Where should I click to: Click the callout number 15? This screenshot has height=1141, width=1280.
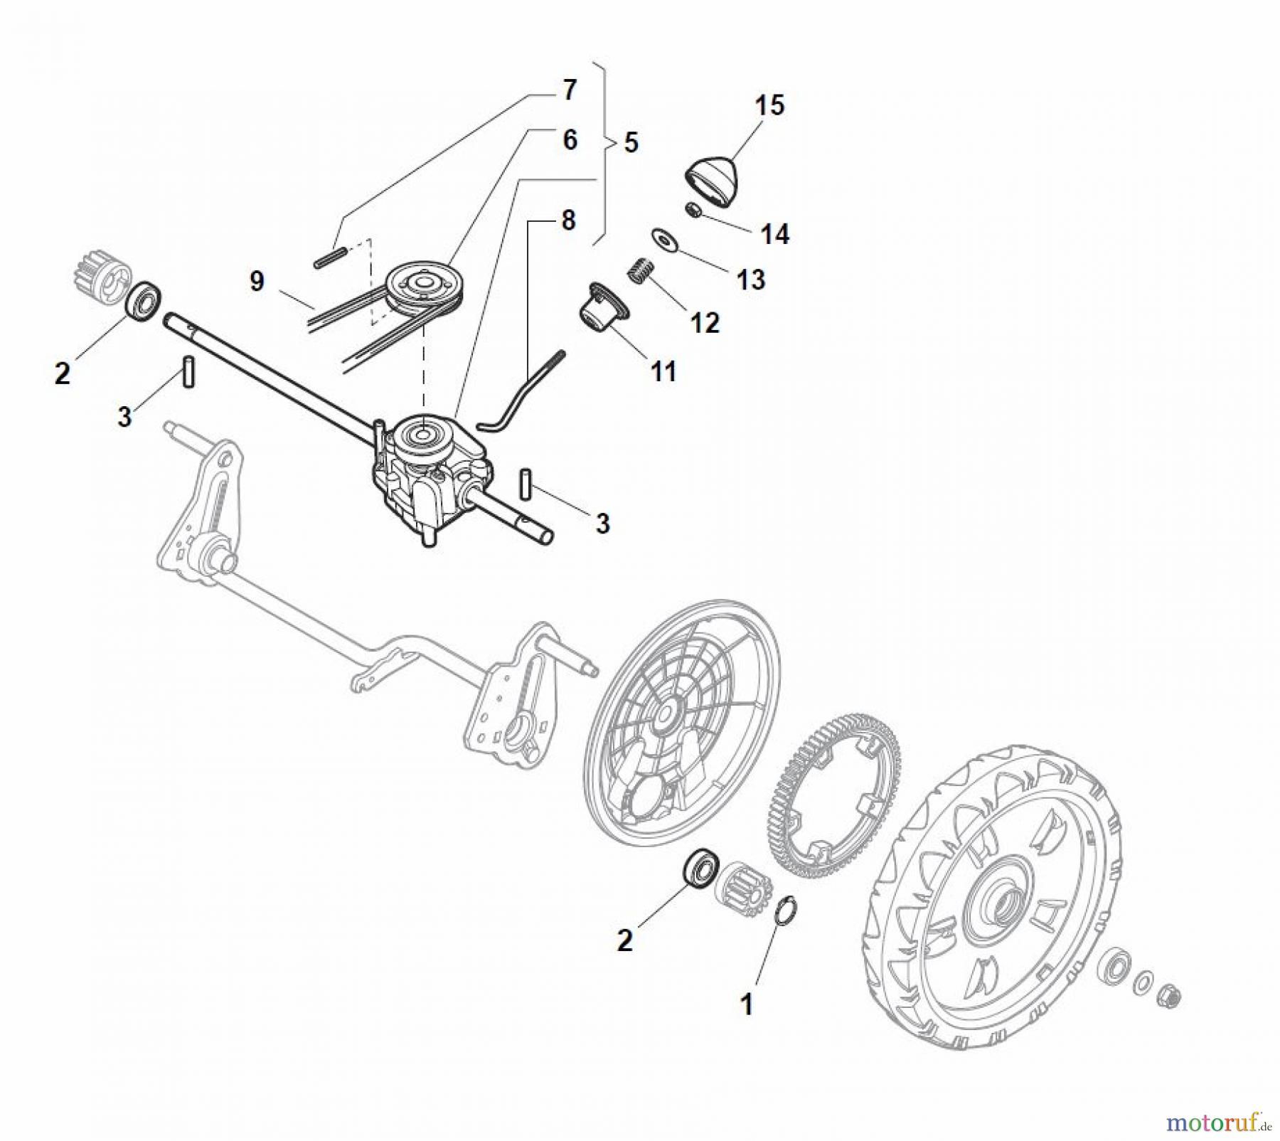click(769, 105)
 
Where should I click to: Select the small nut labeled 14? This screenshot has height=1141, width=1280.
click(694, 211)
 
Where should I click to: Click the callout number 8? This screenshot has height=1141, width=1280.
click(567, 221)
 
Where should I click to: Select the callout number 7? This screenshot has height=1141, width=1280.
click(569, 90)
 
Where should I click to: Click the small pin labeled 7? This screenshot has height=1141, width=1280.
click(329, 258)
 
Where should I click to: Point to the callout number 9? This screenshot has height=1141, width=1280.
click(257, 281)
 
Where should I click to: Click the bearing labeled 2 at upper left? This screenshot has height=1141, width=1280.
click(143, 300)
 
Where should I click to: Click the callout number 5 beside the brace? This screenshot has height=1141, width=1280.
click(631, 142)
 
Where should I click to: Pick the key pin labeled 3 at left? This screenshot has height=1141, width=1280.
click(188, 371)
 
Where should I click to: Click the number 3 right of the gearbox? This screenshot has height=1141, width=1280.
click(602, 524)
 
